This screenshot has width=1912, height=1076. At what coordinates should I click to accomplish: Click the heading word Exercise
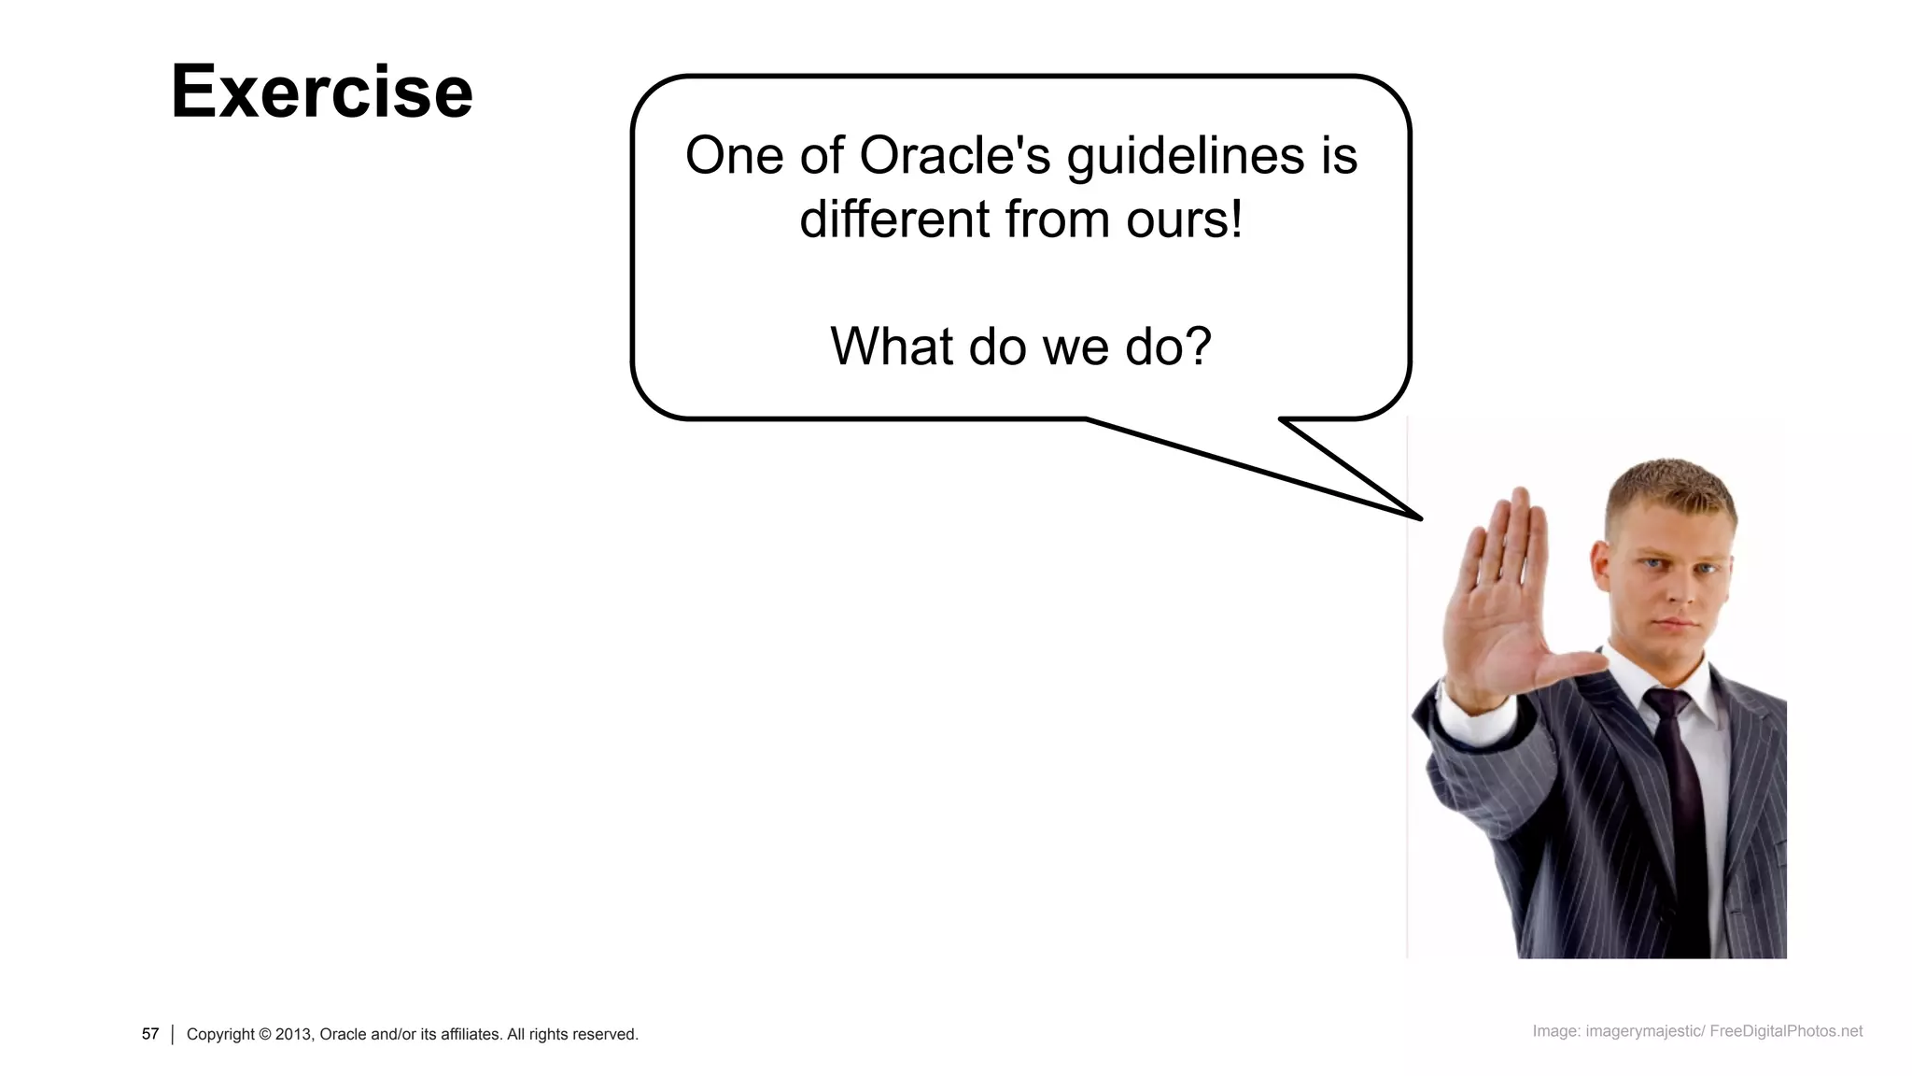point(321,92)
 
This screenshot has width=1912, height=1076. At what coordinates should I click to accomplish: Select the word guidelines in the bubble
point(1185,155)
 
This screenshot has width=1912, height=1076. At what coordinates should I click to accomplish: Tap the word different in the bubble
point(894,219)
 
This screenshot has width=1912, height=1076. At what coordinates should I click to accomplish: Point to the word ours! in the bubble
point(1185,219)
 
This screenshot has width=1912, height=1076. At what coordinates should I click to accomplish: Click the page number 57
point(150,1034)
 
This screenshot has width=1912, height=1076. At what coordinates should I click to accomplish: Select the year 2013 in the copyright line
point(293,1034)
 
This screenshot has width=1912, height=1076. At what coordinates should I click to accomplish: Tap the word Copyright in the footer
point(220,1034)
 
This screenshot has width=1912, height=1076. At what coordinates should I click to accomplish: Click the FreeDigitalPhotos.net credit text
point(1785,1031)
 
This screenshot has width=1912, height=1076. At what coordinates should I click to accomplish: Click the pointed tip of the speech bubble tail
point(1419,517)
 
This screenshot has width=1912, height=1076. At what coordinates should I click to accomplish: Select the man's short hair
point(1671,486)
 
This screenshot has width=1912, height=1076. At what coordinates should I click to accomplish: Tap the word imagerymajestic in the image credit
point(1644,1031)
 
